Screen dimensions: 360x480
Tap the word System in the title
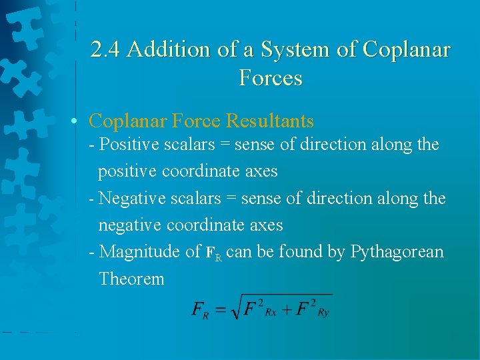(x=291, y=50)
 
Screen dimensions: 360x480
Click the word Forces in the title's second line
(x=270, y=79)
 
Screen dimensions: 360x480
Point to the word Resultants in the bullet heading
(x=270, y=121)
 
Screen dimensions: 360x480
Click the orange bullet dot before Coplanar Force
(x=79, y=121)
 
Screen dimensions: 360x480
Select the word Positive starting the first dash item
(x=126, y=145)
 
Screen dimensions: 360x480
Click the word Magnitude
(x=139, y=252)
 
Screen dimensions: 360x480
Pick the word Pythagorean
(x=397, y=252)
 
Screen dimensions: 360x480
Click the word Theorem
(x=131, y=279)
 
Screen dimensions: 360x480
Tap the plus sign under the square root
(x=287, y=310)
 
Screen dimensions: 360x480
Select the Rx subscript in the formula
(x=271, y=313)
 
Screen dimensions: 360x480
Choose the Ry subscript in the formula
(x=323, y=313)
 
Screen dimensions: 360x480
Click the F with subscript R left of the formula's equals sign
(x=200, y=310)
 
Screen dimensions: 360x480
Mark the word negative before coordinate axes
(x=130, y=225)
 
